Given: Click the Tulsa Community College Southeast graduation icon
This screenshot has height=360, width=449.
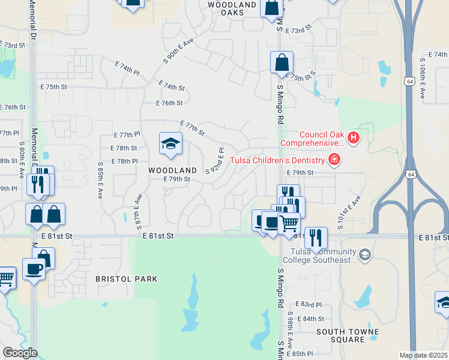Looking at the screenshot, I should (x=364, y=256).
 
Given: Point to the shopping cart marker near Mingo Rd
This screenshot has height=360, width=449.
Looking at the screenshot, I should (x=289, y=223).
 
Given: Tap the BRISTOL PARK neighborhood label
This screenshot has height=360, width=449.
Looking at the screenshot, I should (x=126, y=279).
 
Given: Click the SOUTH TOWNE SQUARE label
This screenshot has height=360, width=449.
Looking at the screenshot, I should (x=348, y=335).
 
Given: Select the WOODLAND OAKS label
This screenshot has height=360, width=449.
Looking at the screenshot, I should (x=234, y=8).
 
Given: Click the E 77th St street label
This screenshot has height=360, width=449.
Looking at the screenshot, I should (x=192, y=127).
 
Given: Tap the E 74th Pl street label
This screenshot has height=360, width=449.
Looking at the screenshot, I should (x=127, y=67).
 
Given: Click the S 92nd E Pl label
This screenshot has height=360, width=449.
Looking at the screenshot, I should (x=215, y=160).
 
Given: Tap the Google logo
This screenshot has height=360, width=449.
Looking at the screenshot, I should (x=20, y=353).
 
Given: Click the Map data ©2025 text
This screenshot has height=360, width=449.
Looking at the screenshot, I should (x=423, y=355).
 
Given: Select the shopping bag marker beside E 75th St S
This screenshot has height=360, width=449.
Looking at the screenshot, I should (x=282, y=62).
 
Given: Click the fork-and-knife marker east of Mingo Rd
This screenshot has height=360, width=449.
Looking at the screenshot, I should (x=316, y=238).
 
